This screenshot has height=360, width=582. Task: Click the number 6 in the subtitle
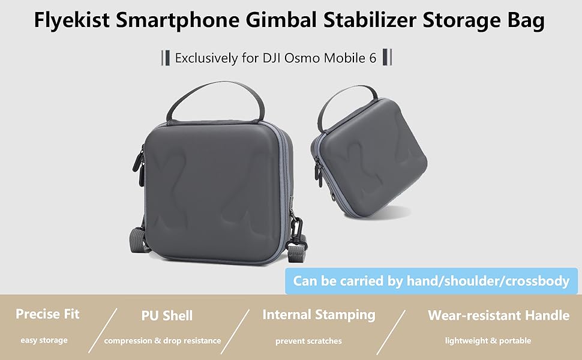pyautogui.click(x=373, y=59)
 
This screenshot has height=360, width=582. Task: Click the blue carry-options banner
pyautogui.click(x=431, y=280)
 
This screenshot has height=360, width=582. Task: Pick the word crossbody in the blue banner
pyautogui.click(x=534, y=280)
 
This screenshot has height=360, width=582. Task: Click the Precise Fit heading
pyautogui.click(x=47, y=314)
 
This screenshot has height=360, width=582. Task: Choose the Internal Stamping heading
pyautogui.click(x=319, y=314)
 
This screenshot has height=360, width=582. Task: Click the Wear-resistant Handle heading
pyautogui.click(x=499, y=315)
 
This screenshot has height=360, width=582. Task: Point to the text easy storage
pyautogui.click(x=44, y=340)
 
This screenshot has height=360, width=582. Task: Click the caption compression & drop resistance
pyautogui.click(x=163, y=341)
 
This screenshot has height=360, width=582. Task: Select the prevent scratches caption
pyautogui.click(x=308, y=341)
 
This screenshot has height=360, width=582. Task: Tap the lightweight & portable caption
pyautogui.click(x=488, y=340)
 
